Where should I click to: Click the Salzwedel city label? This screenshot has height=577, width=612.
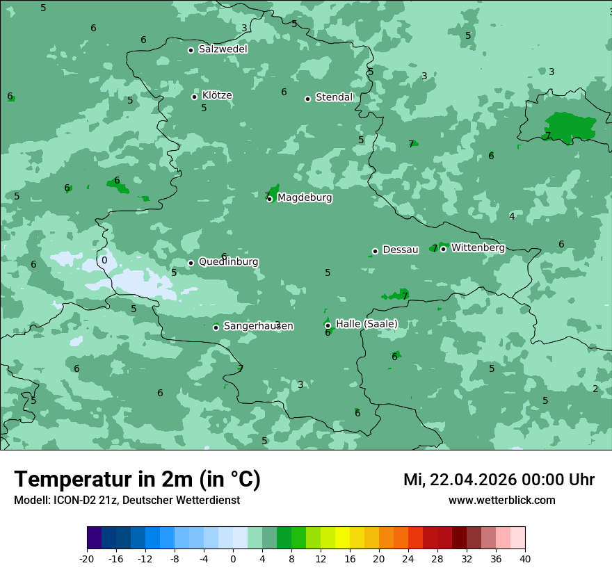click(223, 49)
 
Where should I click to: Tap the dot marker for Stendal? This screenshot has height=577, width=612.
click(307, 99)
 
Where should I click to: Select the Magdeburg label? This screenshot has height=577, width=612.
click(305, 198)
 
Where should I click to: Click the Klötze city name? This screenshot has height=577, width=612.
click(217, 96)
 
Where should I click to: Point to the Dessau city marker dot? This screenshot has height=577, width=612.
click(375, 251)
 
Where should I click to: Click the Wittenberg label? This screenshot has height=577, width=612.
click(478, 247)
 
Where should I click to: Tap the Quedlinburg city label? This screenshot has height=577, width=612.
click(228, 262)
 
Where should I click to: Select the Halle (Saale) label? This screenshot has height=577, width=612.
click(367, 324)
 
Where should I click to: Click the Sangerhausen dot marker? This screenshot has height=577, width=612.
click(216, 327)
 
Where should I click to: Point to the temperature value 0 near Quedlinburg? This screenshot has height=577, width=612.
click(104, 261)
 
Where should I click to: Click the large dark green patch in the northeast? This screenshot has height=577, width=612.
click(569, 126)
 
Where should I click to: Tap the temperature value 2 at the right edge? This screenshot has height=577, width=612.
click(595, 389)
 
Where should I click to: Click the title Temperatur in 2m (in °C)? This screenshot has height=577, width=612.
click(137, 479)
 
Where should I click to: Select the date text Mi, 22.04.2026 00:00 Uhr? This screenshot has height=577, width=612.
click(499, 480)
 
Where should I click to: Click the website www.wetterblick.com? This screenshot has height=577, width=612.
click(501, 500)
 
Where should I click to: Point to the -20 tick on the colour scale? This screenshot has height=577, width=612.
click(87, 558)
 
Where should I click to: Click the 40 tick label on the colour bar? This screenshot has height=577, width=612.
click(524, 558)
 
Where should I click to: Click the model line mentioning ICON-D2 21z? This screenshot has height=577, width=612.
click(127, 500)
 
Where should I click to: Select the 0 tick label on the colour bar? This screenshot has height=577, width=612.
click(233, 558)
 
